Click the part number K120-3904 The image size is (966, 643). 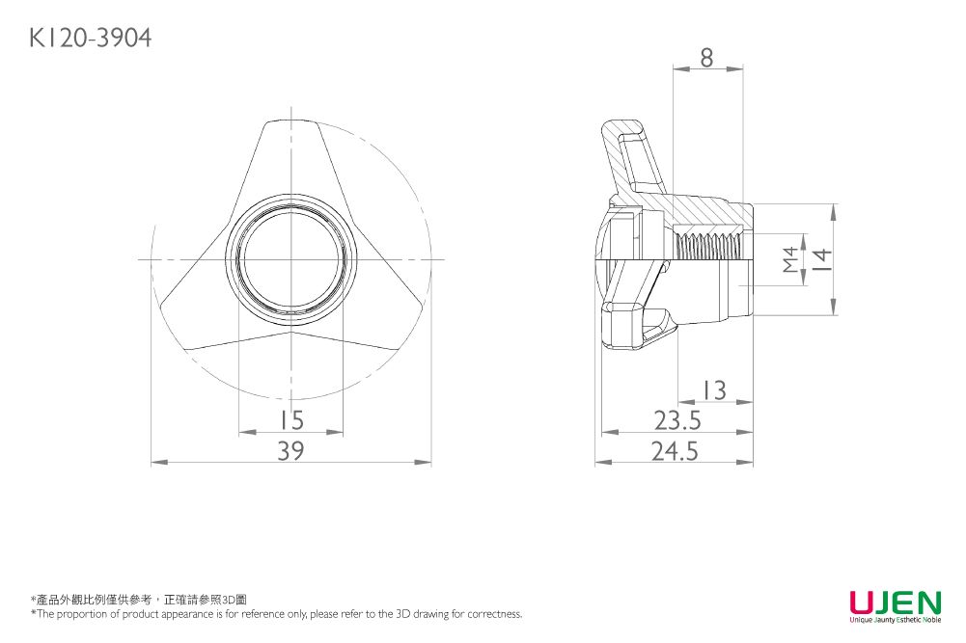(x=90, y=39)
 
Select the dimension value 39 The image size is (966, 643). (x=290, y=451)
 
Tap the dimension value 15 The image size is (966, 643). (x=290, y=420)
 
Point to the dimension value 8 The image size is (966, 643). (x=706, y=58)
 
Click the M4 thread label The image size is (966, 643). (x=789, y=259)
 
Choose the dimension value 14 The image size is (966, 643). (x=822, y=259)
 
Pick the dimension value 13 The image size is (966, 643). (x=715, y=390)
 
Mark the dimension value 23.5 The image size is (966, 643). (x=677, y=421)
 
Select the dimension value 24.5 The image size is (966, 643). (x=676, y=451)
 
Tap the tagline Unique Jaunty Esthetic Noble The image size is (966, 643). (x=896, y=619)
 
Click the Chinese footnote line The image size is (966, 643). (x=139, y=600)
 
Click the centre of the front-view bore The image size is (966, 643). (x=290, y=259)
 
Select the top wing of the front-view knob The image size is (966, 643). (x=290, y=160)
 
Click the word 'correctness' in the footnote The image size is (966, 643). (x=494, y=613)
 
